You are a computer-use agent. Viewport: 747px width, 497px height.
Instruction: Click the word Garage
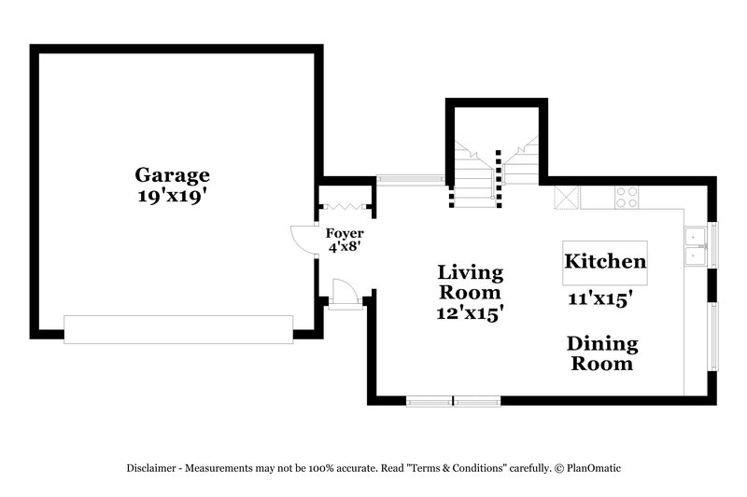click(x=173, y=174)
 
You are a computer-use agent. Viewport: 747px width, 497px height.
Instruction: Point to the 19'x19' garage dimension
click(x=173, y=197)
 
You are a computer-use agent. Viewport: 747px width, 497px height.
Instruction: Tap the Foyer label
click(x=344, y=233)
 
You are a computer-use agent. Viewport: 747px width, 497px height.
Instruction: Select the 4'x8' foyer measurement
click(x=344, y=247)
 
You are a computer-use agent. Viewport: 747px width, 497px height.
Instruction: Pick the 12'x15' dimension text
click(x=471, y=314)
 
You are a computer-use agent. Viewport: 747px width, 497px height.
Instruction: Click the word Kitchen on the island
click(x=605, y=262)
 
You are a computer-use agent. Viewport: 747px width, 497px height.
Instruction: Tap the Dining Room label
click(x=601, y=354)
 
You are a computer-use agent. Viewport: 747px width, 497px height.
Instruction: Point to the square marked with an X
click(x=566, y=198)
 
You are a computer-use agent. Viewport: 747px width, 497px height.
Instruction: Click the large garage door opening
click(x=178, y=330)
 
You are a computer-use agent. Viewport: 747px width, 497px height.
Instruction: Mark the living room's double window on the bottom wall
click(x=453, y=402)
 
